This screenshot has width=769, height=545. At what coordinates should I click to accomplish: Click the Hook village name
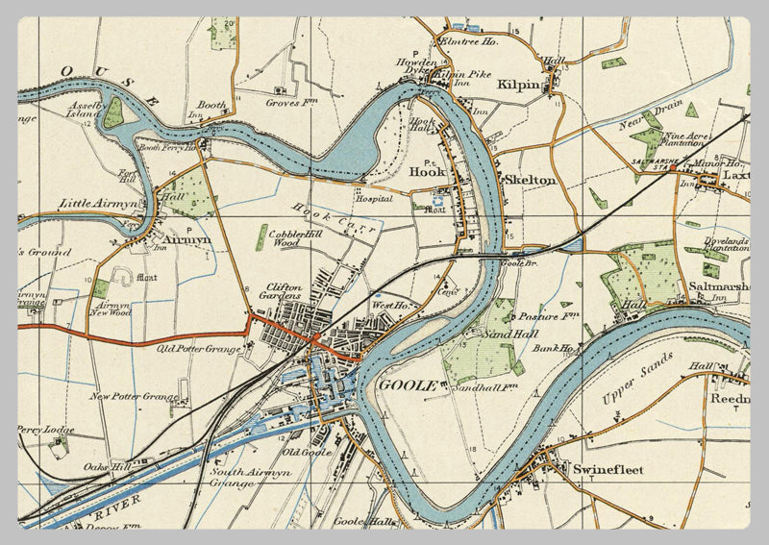click(428, 172)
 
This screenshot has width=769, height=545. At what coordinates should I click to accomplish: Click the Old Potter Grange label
click(199, 348)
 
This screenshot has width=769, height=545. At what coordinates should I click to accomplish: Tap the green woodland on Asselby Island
click(113, 112)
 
